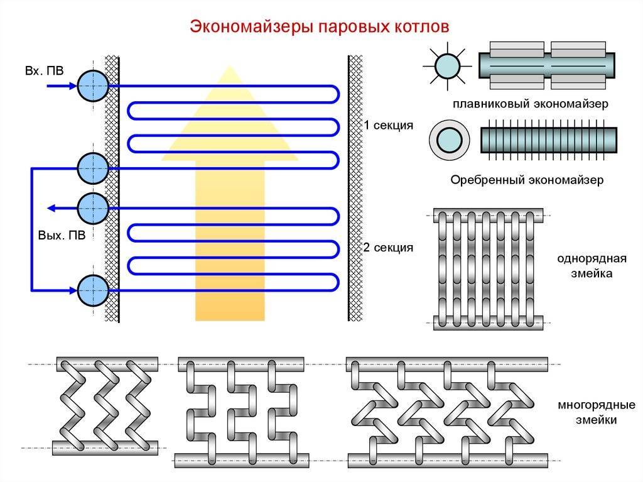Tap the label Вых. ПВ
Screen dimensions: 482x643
click(x=61, y=234)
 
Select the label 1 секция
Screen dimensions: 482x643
click(x=388, y=126)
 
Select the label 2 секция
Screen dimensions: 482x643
click(x=388, y=247)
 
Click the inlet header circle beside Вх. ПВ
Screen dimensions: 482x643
click(x=93, y=85)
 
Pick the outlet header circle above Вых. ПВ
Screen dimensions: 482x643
click(x=93, y=208)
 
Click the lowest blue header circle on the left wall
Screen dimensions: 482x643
click(x=93, y=290)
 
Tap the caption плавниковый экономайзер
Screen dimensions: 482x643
click(x=529, y=104)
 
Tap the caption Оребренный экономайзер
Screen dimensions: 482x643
click(x=527, y=180)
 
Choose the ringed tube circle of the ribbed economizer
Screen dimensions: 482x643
click(x=448, y=140)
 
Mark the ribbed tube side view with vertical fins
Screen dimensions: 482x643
click(x=548, y=140)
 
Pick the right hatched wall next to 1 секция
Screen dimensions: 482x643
click(x=355, y=126)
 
